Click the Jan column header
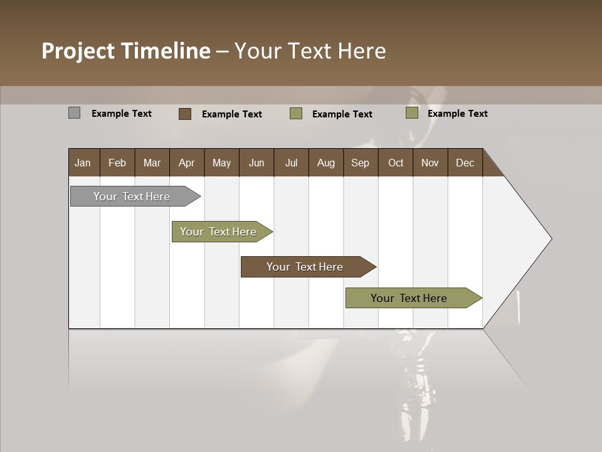(83, 163)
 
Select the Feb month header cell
(117, 163)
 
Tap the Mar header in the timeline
(152, 163)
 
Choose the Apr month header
(187, 163)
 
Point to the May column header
(221, 163)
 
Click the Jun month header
(256, 163)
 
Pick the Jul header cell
(291, 163)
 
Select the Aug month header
(326, 163)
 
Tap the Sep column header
(361, 163)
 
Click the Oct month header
(396, 163)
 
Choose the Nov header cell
(430, 163)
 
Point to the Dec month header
(465, 163)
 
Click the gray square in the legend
(75, 113)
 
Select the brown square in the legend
(185, 114)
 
